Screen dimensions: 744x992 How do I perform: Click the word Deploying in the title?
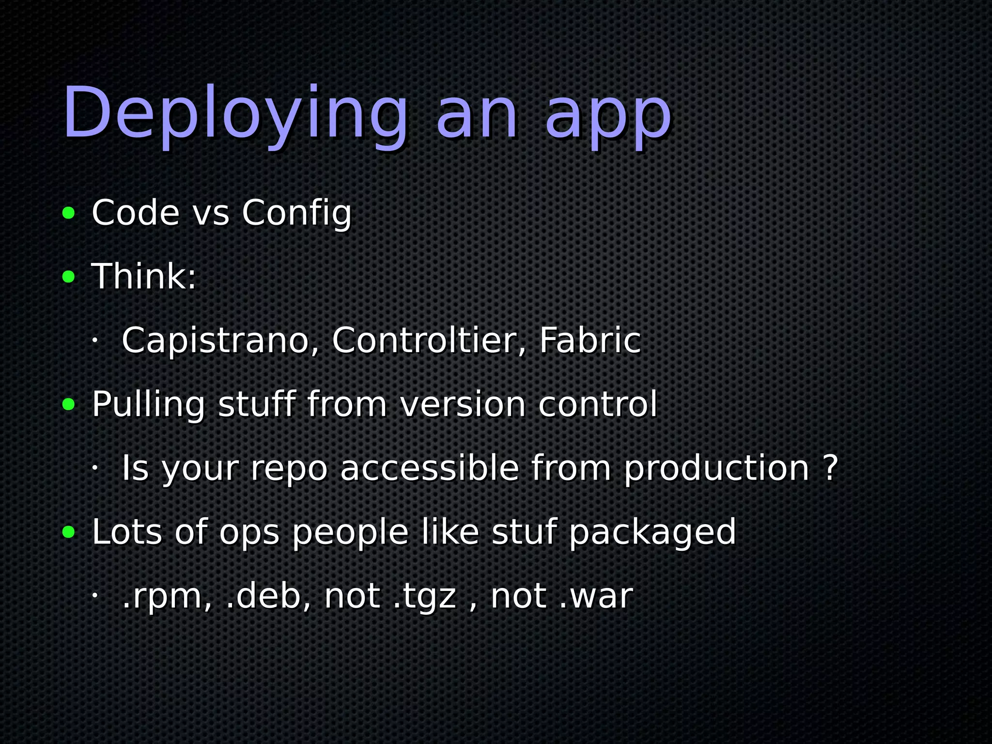pyautogui.click(x=235, y=114)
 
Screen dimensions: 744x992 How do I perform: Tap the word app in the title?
pyautogui.click(x=608, y=116)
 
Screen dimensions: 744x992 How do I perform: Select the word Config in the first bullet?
pyautogui.click(x=296, y=213)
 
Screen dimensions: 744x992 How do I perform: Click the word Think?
pyautogui.click(x=144, y=277)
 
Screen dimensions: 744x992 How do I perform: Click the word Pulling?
pyautogui.click(x=148, y=405)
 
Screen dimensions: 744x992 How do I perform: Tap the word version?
pyautogui.click(x=463, y=404)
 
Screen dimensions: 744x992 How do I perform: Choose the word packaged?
pyautogui.click(x=652, y=533)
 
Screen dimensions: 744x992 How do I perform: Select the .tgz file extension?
pyautogui.click(x=424, y=597)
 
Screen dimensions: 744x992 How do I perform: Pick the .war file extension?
pyautogui.click(x=596, y=596)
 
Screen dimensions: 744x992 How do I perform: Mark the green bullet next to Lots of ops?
pyautogui.click(x=69, y=532)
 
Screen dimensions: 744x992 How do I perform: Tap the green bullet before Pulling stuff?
pyautogui.click(x=69, y=404)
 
